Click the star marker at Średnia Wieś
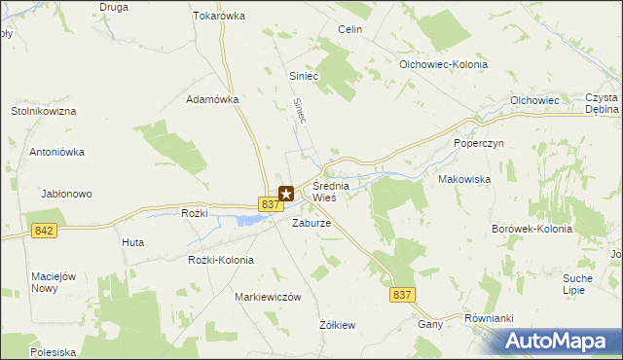[286, 194]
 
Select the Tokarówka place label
[219, 17]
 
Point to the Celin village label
[349, 30]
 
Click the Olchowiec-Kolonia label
[443, 64]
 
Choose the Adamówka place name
[212, 99]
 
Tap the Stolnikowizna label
[44, 112]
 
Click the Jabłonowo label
[66, 194]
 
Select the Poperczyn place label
[477, 143]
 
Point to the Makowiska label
[464, 180]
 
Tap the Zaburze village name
[312, 223]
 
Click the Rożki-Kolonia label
[221, 260]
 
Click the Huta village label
[133, 242]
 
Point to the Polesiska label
[53, 352]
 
